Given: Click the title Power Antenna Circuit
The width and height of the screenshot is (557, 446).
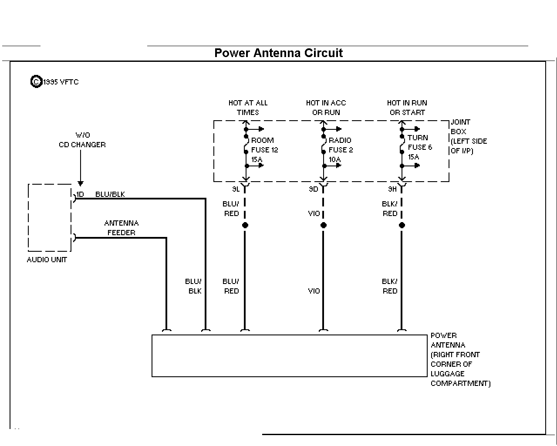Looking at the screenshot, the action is pyautogui.click(x=279, y=53).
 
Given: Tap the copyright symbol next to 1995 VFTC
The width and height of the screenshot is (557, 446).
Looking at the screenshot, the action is pyautogui.click(x=36, y=81).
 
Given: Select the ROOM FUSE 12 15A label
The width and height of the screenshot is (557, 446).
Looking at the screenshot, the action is pyautogui.click(x=264, y=150).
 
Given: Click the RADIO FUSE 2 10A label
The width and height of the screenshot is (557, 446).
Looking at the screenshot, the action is pyautogui.click(x=341, y=150).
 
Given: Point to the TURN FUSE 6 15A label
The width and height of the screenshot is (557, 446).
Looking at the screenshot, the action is pyautogui.click(x=420, y=147).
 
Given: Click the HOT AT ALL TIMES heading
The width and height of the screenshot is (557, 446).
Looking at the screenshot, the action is pyautogui.click(x=248, y=108).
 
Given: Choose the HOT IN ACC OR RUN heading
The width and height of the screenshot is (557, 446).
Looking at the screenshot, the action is pyautogui.click(x=326, y=108).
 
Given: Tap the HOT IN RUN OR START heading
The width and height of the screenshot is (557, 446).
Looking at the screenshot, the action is pyautogui.click(x=407, y=108).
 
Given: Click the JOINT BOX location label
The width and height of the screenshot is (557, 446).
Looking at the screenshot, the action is pyautogui.click(x=469, y=136).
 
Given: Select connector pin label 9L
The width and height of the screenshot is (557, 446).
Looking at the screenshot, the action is pyautogui.click(x=236, y=189).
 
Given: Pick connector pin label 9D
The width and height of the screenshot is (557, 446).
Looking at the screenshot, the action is pyautogui.click(x=313, y=189).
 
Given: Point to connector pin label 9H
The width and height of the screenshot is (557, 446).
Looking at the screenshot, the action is pyautogui.click(x=392, y=189).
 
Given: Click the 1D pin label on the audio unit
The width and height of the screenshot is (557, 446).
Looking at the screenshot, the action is pyautogui.click(x=80, y=194).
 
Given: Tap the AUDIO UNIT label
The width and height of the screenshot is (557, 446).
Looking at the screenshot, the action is pyautogui.click(x=47, y=260).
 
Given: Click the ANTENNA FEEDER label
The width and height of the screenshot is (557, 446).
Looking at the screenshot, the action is pyautogui.click(x=121, y=228).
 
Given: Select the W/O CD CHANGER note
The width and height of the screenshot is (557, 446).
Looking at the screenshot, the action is pyautogui.click(x=82, y=140).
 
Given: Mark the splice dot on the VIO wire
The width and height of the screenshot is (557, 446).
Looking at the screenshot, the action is pyautogui.click(x=324, y=225).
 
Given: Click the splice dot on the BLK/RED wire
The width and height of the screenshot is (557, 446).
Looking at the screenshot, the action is pyautogui.click(x=402, y=225).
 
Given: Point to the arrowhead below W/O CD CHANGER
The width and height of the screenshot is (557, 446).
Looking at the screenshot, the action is pyautogui.click(x=81, y=183).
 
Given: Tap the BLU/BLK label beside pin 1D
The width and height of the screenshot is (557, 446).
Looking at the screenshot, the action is pyautogui.click(x=110, y=194).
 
